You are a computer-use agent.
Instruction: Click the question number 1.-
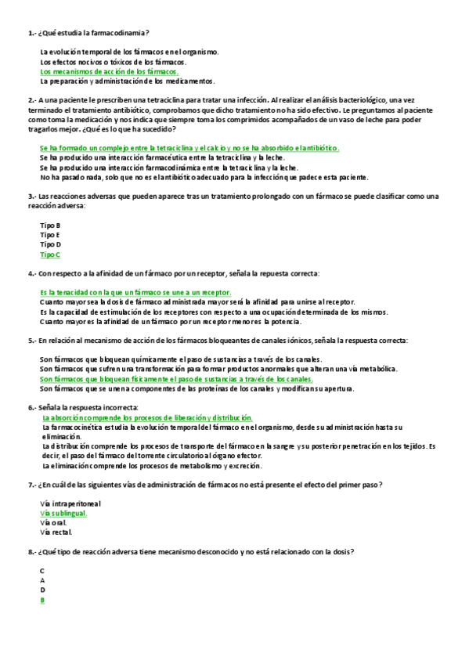(x=31, y=33)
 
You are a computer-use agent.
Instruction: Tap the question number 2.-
(x=31, y=100)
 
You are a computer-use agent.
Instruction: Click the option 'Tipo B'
(x=50, y=226)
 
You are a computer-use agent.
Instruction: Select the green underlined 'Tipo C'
(x=50, y=254)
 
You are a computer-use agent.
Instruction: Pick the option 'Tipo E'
(x=50, y=235)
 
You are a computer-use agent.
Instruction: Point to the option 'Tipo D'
(x=50, y=244)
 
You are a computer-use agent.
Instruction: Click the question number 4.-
(x=31, y=273)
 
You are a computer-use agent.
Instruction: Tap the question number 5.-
(x=31, y=341)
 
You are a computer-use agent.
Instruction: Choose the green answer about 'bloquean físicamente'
(x=176, y=379)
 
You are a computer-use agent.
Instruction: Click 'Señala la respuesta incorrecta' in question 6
(x=88, y=408)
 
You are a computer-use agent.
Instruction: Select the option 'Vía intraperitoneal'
(x=70, y=503)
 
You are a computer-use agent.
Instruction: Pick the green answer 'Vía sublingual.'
(x=63, y=513)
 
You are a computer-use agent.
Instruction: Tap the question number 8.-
(x=31, y=551)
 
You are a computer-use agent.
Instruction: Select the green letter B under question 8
(x=42, y=600)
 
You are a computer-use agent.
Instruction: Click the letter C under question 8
(x=42, y=571)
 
